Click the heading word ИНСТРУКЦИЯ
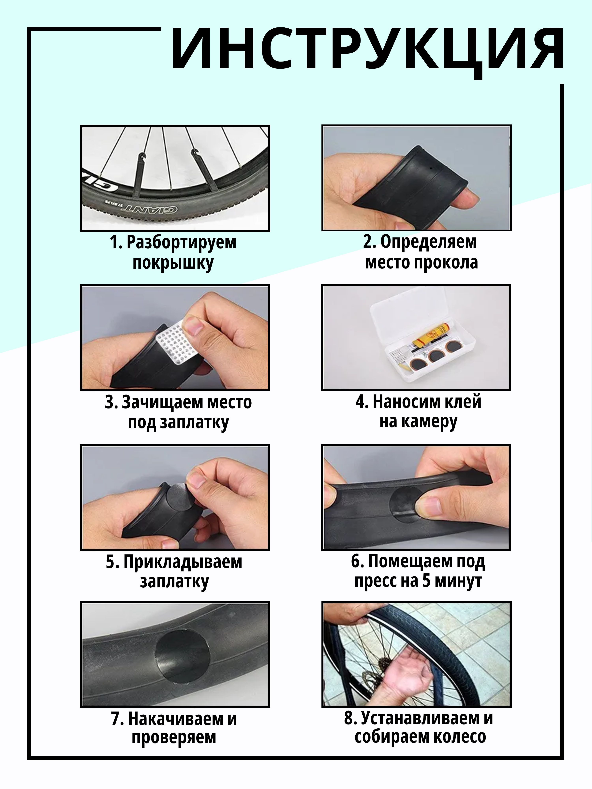click(x=368, y=50)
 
